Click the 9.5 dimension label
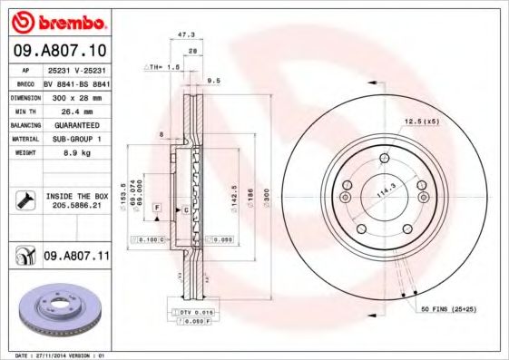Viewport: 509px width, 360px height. click(214, 81)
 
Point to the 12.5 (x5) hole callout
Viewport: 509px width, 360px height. click(421, 122)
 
